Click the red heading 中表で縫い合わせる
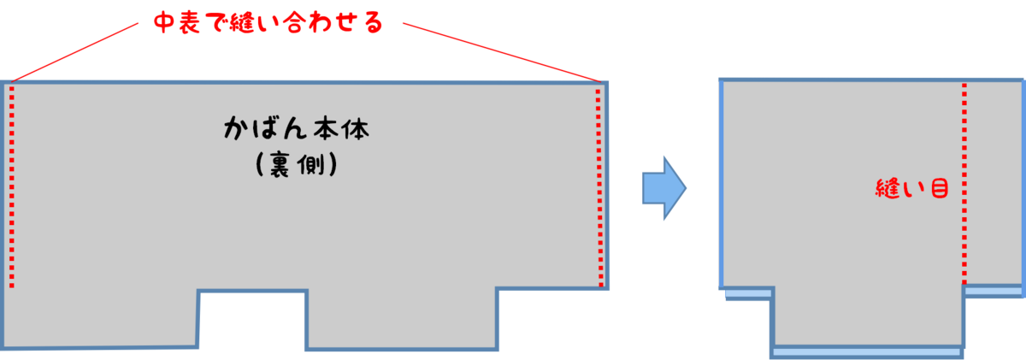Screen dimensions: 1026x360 (266, 23)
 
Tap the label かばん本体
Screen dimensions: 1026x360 (296, 130)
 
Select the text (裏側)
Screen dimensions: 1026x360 (296, 166)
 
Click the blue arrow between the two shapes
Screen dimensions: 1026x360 (664, 188)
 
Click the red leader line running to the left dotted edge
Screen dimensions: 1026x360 (77, 52)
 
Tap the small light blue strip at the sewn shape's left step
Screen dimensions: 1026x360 (748, 295)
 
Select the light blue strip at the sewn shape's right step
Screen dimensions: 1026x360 (994, 292)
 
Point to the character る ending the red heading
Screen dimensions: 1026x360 (371, 23)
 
